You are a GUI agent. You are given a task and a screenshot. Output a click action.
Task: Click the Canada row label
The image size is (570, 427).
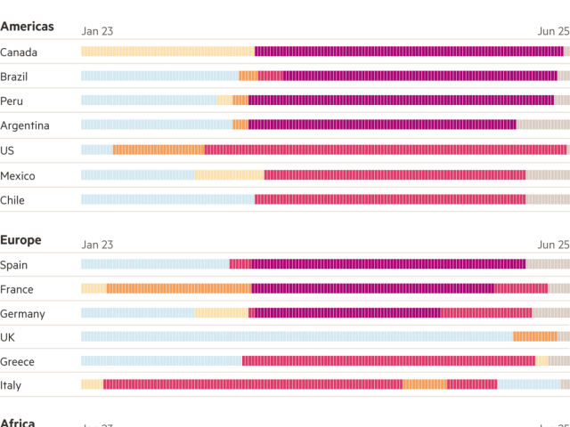click(x=19, y=52)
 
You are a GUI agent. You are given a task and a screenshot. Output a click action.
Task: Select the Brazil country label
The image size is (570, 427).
click(x=15, y=77)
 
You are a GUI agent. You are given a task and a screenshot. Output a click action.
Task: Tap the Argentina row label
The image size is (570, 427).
click(x=24, y=125)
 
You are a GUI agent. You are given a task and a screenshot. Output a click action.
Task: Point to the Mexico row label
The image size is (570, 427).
click(x=18, y=175)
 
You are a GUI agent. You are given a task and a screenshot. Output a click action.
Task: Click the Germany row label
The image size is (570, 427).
click(x=22, y=313)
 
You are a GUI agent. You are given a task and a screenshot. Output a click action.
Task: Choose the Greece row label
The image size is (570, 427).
click(x=18, y=362)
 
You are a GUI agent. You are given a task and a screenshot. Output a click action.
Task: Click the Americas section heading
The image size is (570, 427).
click(x=27, y=27)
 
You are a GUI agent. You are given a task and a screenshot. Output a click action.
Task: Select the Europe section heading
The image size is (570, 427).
click(x=20, y=240)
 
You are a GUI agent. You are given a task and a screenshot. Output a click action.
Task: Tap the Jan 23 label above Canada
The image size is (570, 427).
click(x=97, y=31)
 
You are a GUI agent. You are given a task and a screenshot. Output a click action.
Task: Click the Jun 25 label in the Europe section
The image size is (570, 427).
click(x=552, y=245)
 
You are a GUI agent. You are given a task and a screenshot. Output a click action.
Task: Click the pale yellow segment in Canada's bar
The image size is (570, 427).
click(x=167, y=52)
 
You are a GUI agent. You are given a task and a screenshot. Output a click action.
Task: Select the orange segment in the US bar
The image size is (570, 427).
click(x=159, y=150)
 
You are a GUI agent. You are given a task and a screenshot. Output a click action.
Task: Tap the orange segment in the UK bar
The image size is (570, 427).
click(x=534, y=336)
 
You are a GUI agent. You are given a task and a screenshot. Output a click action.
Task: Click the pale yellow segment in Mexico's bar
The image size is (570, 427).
click(x=229, y=175)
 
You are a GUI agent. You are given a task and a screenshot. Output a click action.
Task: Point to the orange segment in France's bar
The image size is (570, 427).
click(x=178, y=288)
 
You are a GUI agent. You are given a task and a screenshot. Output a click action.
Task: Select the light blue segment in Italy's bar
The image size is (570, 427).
click(x=528, y=384)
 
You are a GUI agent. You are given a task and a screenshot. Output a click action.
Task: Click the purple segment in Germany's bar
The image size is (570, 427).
click(x=347, y=313)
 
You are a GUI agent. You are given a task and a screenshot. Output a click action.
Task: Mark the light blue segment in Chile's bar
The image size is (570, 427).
click(x=167, y=199)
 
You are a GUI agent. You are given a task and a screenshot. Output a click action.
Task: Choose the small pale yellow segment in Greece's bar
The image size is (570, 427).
click(x=541, y=361)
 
